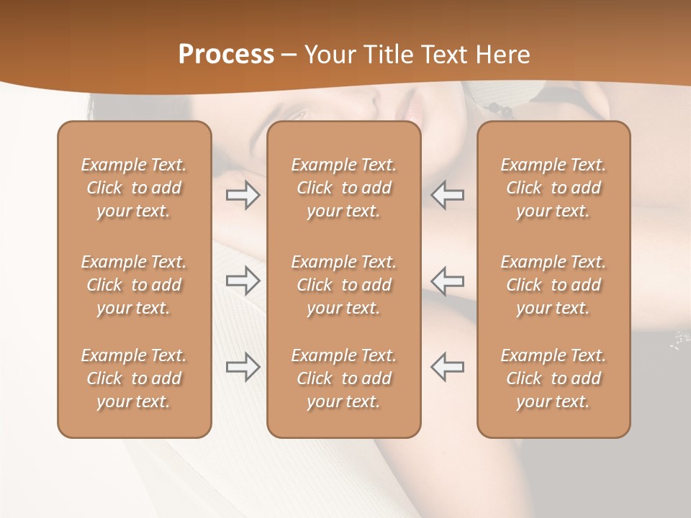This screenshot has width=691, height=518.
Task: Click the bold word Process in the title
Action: coord(226,55)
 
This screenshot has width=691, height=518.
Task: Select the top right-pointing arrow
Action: coord(243,195)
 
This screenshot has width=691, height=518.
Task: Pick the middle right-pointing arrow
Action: coord(243,281)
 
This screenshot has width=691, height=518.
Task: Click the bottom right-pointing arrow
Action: coord(243,367)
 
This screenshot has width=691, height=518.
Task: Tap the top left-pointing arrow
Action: coord(448,195)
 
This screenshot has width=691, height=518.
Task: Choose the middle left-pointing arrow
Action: coord(448,281)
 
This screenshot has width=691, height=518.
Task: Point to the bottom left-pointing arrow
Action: coord(448,367)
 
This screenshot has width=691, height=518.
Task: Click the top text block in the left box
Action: coord(134,188)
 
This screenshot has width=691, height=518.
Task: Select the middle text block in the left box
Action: coord(134,285)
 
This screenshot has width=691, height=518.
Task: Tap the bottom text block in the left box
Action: coord(134,378)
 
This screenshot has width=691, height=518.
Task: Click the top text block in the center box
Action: coord(344,188)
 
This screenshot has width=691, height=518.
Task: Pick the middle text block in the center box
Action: coord(344,285)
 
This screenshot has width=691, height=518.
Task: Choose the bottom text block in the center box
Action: coord(344,378)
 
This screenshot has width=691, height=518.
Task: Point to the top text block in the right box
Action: coord(554,188)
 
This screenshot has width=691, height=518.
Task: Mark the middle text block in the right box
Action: coord(554,285)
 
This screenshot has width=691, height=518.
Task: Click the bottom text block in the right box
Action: coord(554,378)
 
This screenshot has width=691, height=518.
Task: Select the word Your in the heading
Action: coord(330,55)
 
